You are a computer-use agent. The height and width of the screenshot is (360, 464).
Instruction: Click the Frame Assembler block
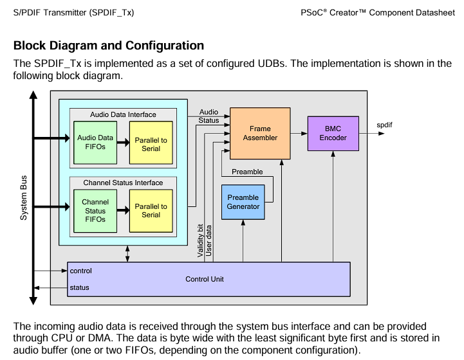(x=260, y=133)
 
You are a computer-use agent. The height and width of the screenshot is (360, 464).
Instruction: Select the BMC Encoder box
(x=333, y=133)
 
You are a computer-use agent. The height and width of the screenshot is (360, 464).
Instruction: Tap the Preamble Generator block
(x=243, y=202)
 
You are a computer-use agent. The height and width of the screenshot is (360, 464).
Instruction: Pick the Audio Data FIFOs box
(x=95, y=143)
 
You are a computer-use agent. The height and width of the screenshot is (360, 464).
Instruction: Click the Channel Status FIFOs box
(x=95, y=211)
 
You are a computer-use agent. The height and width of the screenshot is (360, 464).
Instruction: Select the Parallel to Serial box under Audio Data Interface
(x=151, y=143)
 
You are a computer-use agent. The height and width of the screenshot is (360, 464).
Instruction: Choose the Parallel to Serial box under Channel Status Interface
(x=151, y=211)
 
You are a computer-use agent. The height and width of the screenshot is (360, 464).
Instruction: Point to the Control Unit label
(x=205, y=279)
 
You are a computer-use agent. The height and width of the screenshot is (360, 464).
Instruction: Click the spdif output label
(x=384, y=125)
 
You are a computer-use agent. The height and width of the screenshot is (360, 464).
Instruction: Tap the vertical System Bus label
(x=24, y=198)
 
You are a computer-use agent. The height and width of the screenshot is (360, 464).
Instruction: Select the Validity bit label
(x=200, y=240)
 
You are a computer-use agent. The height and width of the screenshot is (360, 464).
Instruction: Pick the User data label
(x=209, y=240)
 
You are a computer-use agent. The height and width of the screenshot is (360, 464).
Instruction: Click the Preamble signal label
(x=247, y=172)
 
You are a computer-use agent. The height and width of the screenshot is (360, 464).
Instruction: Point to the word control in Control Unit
(x=81, y=271)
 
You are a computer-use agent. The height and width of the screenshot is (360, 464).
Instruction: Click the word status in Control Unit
(x=79, y=287)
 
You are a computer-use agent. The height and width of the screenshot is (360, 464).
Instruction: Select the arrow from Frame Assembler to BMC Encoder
(x=299, y=133)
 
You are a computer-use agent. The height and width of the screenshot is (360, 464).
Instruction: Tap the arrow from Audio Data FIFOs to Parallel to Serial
(x=123, y=143)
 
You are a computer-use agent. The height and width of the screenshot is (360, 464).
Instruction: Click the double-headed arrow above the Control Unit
(x=127, y=253)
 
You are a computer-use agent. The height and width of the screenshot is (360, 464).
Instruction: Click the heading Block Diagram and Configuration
(x=109, y=46)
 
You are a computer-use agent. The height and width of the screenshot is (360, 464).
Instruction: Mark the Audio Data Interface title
(x=123, y=114)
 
